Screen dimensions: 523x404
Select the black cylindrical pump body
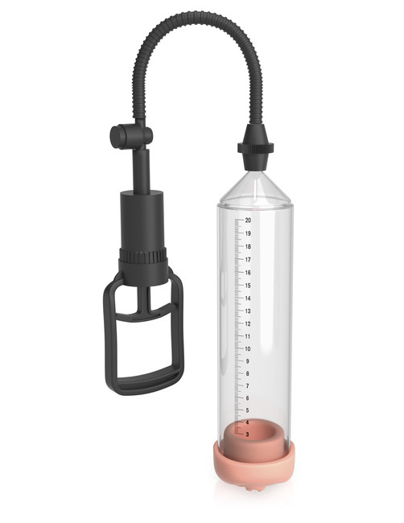coord(143,217)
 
